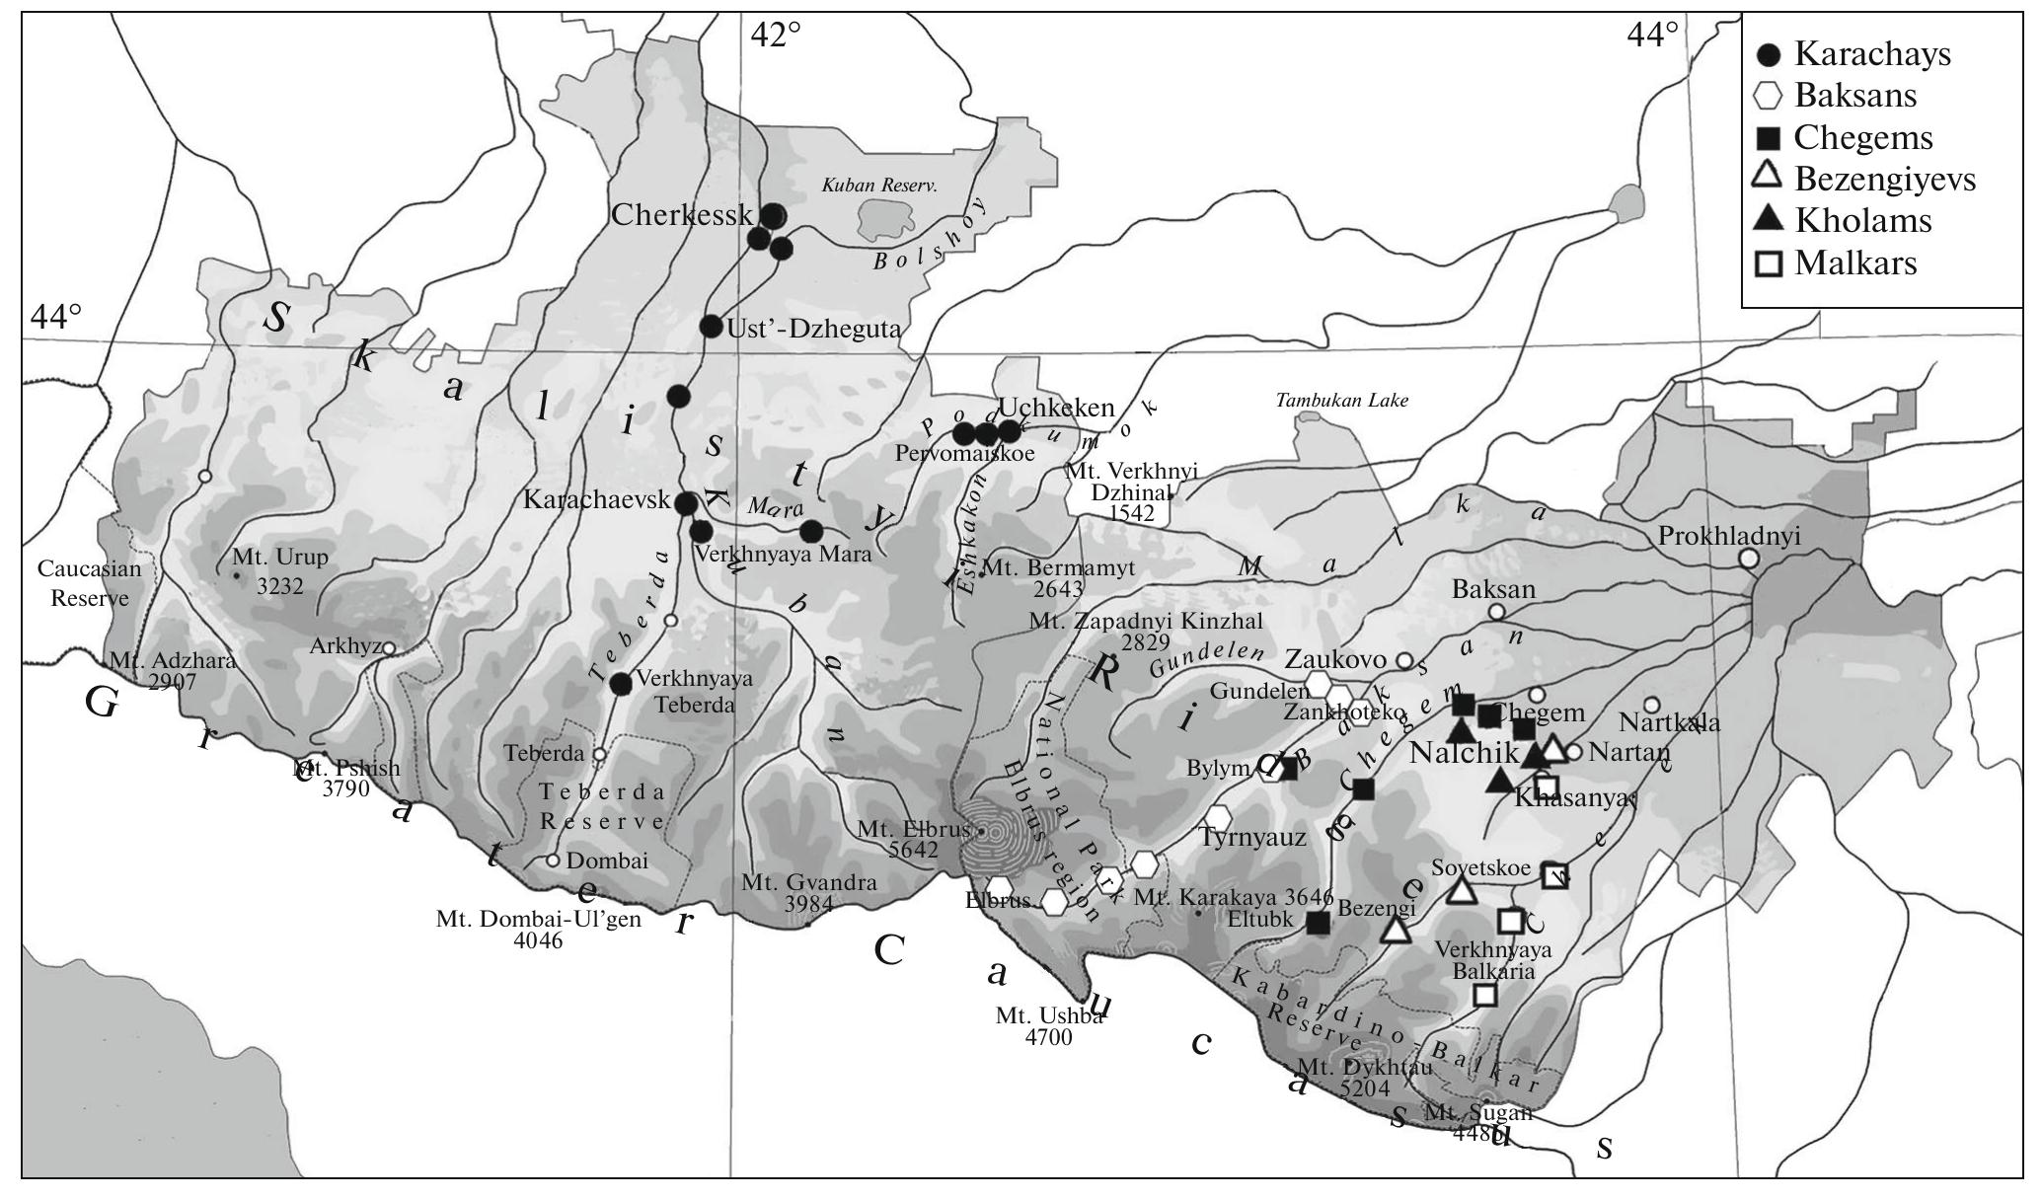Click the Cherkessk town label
click(x=682, y=215)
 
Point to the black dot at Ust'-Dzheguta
click(x=711, y=326)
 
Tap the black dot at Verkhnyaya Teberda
click(x=620, y=684)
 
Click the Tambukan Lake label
click(x=1341, y=401)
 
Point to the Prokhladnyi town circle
click(x=1748, y=558)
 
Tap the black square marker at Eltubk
click(x=1318, y=923)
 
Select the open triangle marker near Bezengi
click(x=1394, y=929)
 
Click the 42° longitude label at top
click(x=775, y=35)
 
